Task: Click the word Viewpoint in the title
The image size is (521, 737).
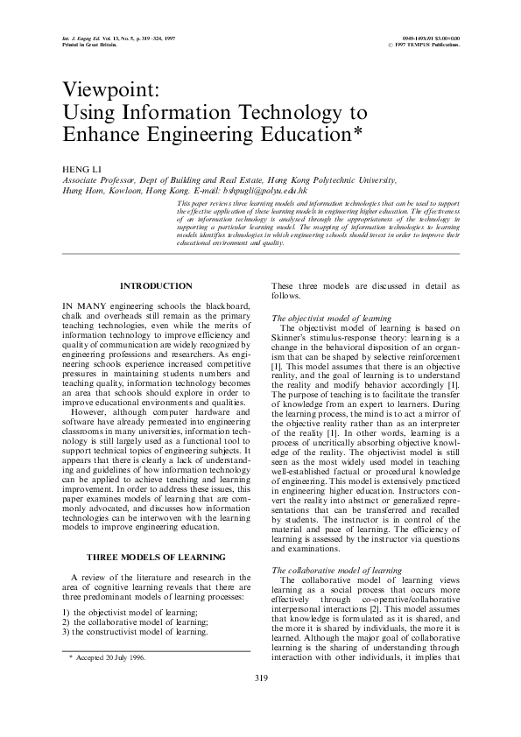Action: pos(102,92)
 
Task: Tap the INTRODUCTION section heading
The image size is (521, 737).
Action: pos(156,286)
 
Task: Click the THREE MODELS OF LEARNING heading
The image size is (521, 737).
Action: pos(156,558)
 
